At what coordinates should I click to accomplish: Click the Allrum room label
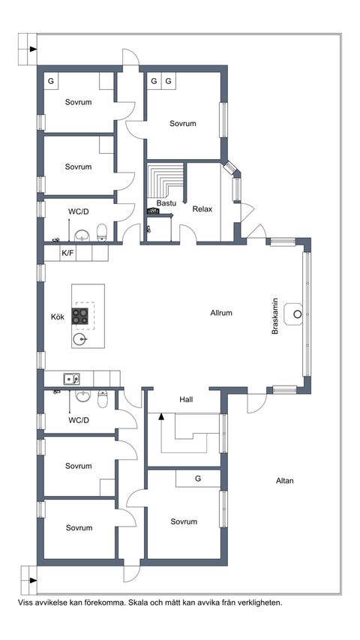tap(221, 313)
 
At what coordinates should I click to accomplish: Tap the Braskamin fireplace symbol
tap(293, 314)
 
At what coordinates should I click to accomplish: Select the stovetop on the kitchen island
tap(80, 316)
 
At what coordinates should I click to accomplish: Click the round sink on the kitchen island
tap(79, 339)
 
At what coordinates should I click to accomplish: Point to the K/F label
tap(67, 254)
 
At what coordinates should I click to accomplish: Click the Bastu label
tap(166, 203)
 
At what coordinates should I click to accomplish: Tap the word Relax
tap(202, 209)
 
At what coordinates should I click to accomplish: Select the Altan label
tap(285, 481)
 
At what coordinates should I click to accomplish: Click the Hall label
tap(186, 400)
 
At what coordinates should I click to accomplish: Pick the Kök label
tap(58, 317)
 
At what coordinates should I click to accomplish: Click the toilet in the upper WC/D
tap(102, 233)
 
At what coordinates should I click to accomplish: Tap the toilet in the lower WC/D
tap(103, 399)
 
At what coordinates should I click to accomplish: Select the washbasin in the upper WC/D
tap(82, 236)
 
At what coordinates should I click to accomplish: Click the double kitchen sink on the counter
tap(71, 379)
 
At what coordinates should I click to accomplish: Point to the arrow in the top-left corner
tap(33, 50)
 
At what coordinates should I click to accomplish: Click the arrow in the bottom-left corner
tap(33, 580)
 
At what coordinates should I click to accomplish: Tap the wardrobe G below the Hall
tap(198, 479)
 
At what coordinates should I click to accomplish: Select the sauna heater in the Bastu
tap(154, 211)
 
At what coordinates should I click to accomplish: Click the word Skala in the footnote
tap(138, 602)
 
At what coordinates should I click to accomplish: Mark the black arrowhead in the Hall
tap(161, 416)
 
